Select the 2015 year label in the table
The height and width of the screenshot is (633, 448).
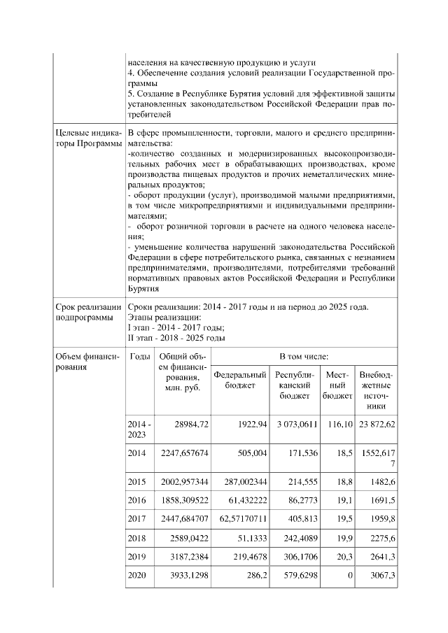(x=136, y=481)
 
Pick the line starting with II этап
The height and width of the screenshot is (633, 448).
(x=176, y=337)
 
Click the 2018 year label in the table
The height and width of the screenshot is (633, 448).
(x=136, y=538)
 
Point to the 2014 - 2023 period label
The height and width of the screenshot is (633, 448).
(x=138, y=429)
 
